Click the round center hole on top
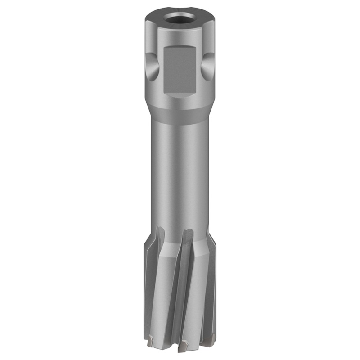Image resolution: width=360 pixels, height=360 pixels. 180,21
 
